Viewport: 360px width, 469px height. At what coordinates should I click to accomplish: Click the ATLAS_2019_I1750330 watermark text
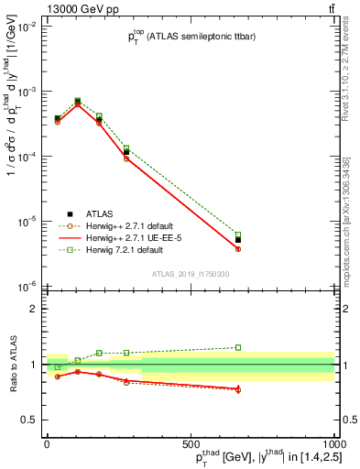190,274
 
